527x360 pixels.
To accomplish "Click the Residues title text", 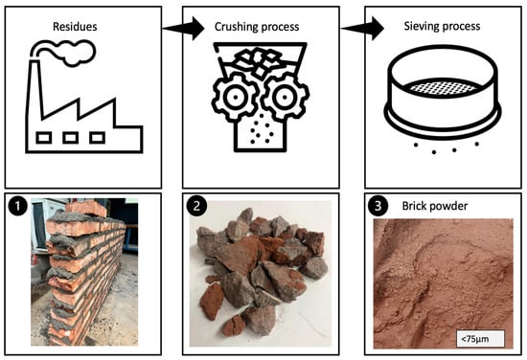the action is coord(75,27).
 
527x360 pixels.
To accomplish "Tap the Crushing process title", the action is coord(257,27).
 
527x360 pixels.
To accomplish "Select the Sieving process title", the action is coord(442,26).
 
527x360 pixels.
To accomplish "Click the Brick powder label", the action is coord(435,206).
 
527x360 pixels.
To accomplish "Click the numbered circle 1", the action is coord(17,206).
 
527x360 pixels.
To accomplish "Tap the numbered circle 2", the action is coord(196,206).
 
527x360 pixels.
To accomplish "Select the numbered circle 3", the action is coord(378,206).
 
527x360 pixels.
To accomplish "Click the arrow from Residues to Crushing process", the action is coord(183,29).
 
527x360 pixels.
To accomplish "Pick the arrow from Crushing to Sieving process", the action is coord(362,29).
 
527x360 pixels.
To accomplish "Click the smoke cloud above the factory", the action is coord(64,52).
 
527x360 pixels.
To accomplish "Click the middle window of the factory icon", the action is coord(71,138).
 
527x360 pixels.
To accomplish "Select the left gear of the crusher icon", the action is coord(235,98).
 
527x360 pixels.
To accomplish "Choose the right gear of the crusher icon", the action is coord(285,98).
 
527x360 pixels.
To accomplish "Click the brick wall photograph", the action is coord(84,272).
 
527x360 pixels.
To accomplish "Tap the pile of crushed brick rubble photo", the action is coord(261,273).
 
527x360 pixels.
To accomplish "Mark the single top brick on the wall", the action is coord(86,208).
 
